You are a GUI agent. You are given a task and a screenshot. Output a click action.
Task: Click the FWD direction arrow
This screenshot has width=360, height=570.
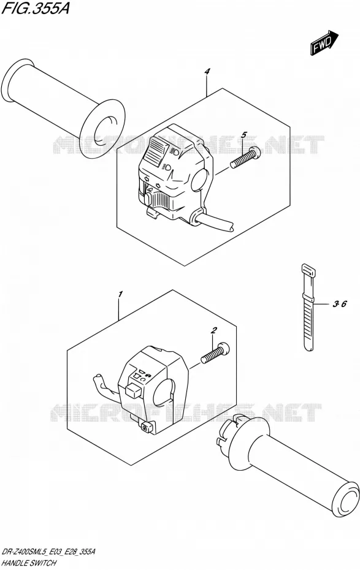(x=324, y=43)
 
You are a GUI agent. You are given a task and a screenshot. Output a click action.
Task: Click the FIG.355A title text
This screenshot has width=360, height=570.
(x=36, y=9)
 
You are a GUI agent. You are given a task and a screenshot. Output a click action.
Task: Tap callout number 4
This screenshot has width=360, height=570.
(x=207, y=72)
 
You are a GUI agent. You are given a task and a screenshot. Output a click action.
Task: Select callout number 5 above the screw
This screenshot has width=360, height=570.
(x=243, y=135)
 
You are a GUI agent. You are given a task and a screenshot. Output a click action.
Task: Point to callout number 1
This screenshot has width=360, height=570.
(x=121, y=294)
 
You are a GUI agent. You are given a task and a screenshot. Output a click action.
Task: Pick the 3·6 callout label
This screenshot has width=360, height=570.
(x=339, y=304)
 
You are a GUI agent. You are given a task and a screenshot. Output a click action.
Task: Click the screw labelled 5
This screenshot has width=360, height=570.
(x=246, y=158)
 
